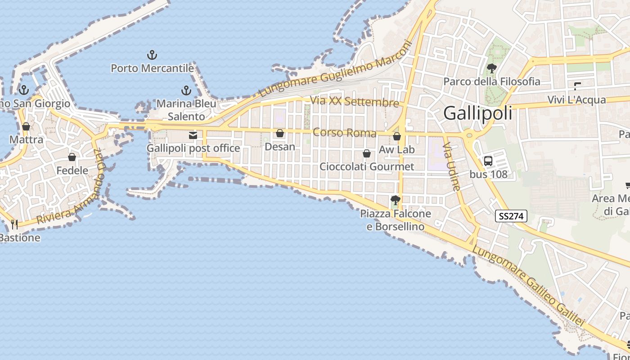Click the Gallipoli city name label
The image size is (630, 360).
click(x=477, y=113)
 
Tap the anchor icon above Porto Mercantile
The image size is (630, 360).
click(x=152, y=55)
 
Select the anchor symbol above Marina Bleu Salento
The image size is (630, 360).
click(x=186, y=90)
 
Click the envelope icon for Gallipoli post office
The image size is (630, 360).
click(x=193, y=135)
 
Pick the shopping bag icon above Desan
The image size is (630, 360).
click(x=280, y=133)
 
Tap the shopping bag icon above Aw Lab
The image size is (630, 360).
click(x=396, y=136)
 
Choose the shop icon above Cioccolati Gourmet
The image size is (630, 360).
click(x=367, y=153)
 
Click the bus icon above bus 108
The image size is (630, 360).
click(x=488, y=161)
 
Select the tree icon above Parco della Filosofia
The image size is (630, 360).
click(x=491, y=68)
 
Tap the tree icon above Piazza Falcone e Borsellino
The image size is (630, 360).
click(x=396, y=200)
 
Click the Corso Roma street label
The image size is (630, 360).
click(x=344, y=132)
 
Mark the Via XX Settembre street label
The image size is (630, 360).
click(x=355, y=102)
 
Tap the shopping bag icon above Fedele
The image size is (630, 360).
click(x=72, y=157)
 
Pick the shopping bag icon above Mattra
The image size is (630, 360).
click(x=26, y=126)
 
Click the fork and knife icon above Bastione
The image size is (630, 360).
click(x=14, y=224)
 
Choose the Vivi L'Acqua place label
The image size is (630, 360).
click(x=576, y=100)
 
